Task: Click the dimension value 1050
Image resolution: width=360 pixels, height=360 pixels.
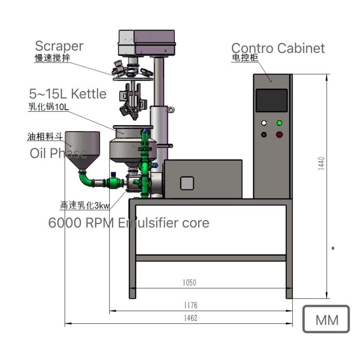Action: pos(189,283)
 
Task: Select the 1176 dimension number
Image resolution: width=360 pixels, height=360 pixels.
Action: pos(190,306)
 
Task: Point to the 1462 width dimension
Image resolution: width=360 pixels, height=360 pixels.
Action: pos(190,318)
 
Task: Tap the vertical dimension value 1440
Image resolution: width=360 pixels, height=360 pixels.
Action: pos(321,163)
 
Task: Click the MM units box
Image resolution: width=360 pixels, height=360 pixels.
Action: pos(326,319)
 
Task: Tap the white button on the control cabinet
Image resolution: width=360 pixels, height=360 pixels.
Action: pos(264,123)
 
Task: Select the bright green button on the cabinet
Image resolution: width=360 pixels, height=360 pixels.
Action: pos(279,123)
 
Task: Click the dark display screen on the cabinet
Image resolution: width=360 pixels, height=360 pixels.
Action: pos(272,100)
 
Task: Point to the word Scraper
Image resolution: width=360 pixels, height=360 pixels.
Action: pos(59,46)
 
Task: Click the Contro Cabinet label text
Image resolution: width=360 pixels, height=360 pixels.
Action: pos(278,48)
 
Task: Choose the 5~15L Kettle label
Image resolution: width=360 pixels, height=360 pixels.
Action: pos(68,94)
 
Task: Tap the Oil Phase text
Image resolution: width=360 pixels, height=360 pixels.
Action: pos(58,153)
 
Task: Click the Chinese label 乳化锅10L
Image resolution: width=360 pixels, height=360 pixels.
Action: pos(48,107)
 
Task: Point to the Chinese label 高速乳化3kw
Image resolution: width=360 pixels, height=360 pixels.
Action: pos(85,206)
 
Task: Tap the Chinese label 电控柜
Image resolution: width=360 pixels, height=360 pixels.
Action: pos(245,58)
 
